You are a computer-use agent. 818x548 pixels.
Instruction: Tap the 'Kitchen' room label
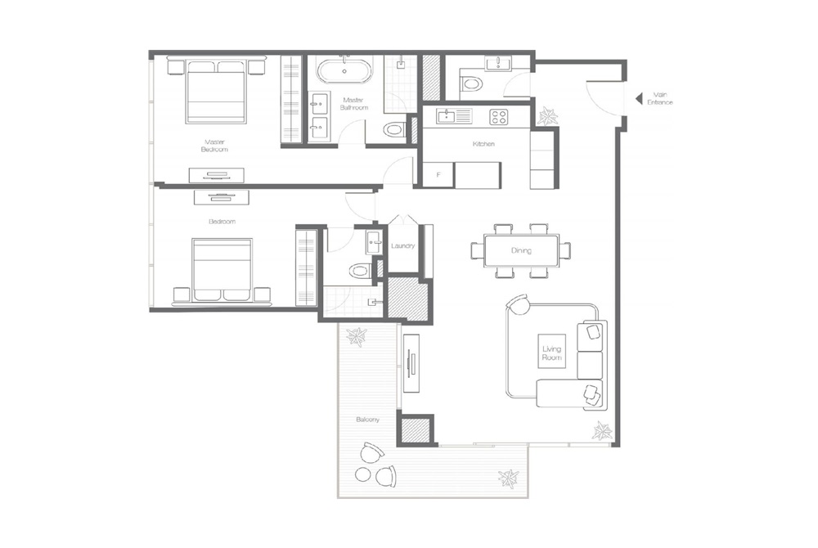(x=483, y=144)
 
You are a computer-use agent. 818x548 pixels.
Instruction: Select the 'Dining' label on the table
(x=522, y=251)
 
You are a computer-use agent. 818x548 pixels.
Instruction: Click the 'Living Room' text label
(x=553, y=353)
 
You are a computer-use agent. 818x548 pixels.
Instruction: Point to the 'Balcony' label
(x=367, y=420)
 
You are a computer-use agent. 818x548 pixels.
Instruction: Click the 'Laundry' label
(x=403, y=246)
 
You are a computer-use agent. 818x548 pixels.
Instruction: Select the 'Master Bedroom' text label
(x=214, y=146)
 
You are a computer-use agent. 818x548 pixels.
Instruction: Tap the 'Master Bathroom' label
(x=355, y=104)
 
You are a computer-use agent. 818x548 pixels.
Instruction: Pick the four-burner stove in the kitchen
(x=499, y=117)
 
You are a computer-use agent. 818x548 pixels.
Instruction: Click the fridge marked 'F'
(x=438, y=174)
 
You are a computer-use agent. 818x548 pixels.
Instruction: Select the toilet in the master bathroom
(x=394, y=129)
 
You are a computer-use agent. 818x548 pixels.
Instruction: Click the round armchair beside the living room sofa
(x=519, y=305)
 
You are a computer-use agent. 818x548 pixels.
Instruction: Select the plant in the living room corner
(x=602, y=429)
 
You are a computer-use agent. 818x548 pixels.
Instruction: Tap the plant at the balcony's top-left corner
(x=357, y=335)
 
